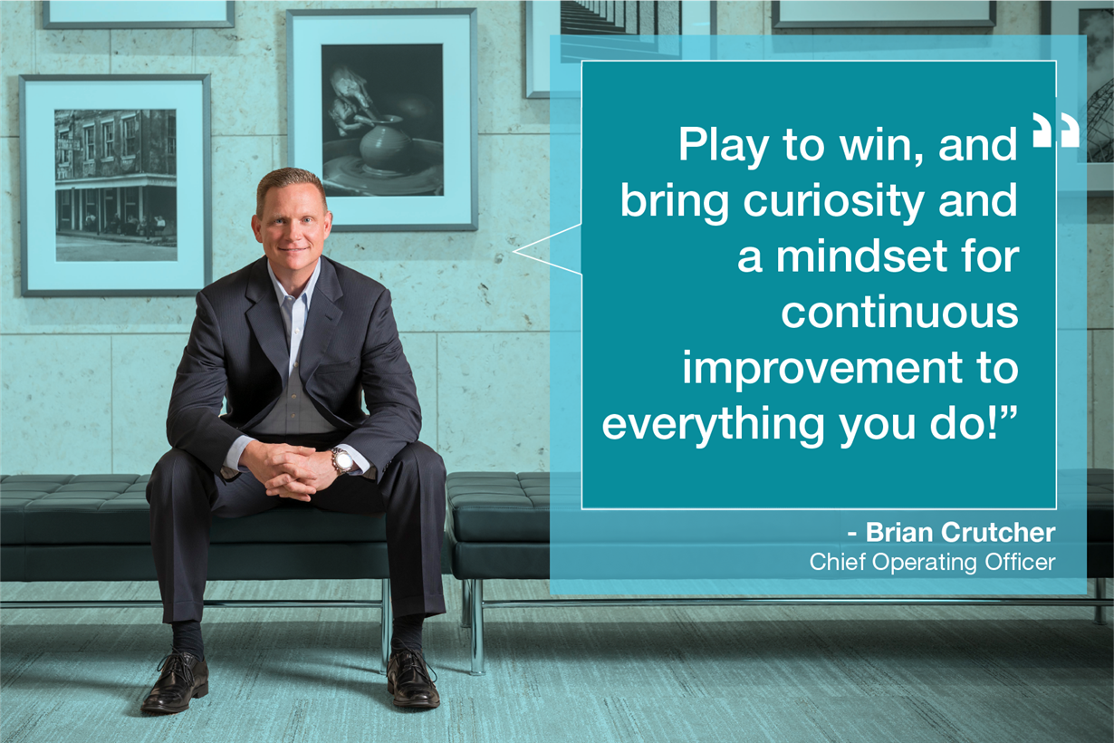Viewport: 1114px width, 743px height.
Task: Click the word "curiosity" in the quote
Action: [x=834, y=201]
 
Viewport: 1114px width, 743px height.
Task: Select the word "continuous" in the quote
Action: [x=899, y=313]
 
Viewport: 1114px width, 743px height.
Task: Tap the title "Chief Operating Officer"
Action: [x=932, y=563]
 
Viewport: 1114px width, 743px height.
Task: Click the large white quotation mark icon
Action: [x=1055, y=130]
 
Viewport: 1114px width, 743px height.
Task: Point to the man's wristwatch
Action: [x=342, y=461]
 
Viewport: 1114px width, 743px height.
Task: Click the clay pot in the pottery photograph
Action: [x=386, y=143]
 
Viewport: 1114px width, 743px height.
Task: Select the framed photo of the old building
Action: [x=116, y=185]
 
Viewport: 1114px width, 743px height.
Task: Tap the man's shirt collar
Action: [x=294, y=282]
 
